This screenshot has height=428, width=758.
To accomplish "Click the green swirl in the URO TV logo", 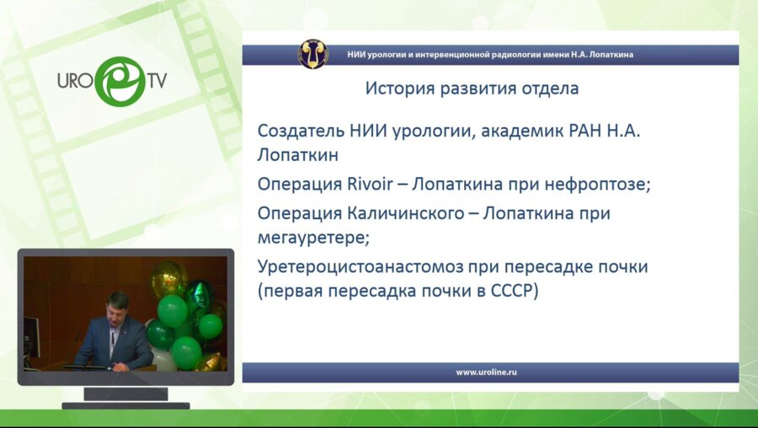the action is [120, 81].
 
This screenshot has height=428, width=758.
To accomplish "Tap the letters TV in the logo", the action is [157, 81].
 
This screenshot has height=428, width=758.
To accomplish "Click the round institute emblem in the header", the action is [312, 54].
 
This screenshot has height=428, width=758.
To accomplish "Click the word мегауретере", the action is [313, 238].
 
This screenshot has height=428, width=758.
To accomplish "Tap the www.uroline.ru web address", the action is [486, 372].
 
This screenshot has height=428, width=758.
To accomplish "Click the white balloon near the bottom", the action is [163, 360].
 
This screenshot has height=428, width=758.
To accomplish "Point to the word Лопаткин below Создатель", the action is [298, 155].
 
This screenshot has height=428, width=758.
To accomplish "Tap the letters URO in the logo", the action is [75, 81].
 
